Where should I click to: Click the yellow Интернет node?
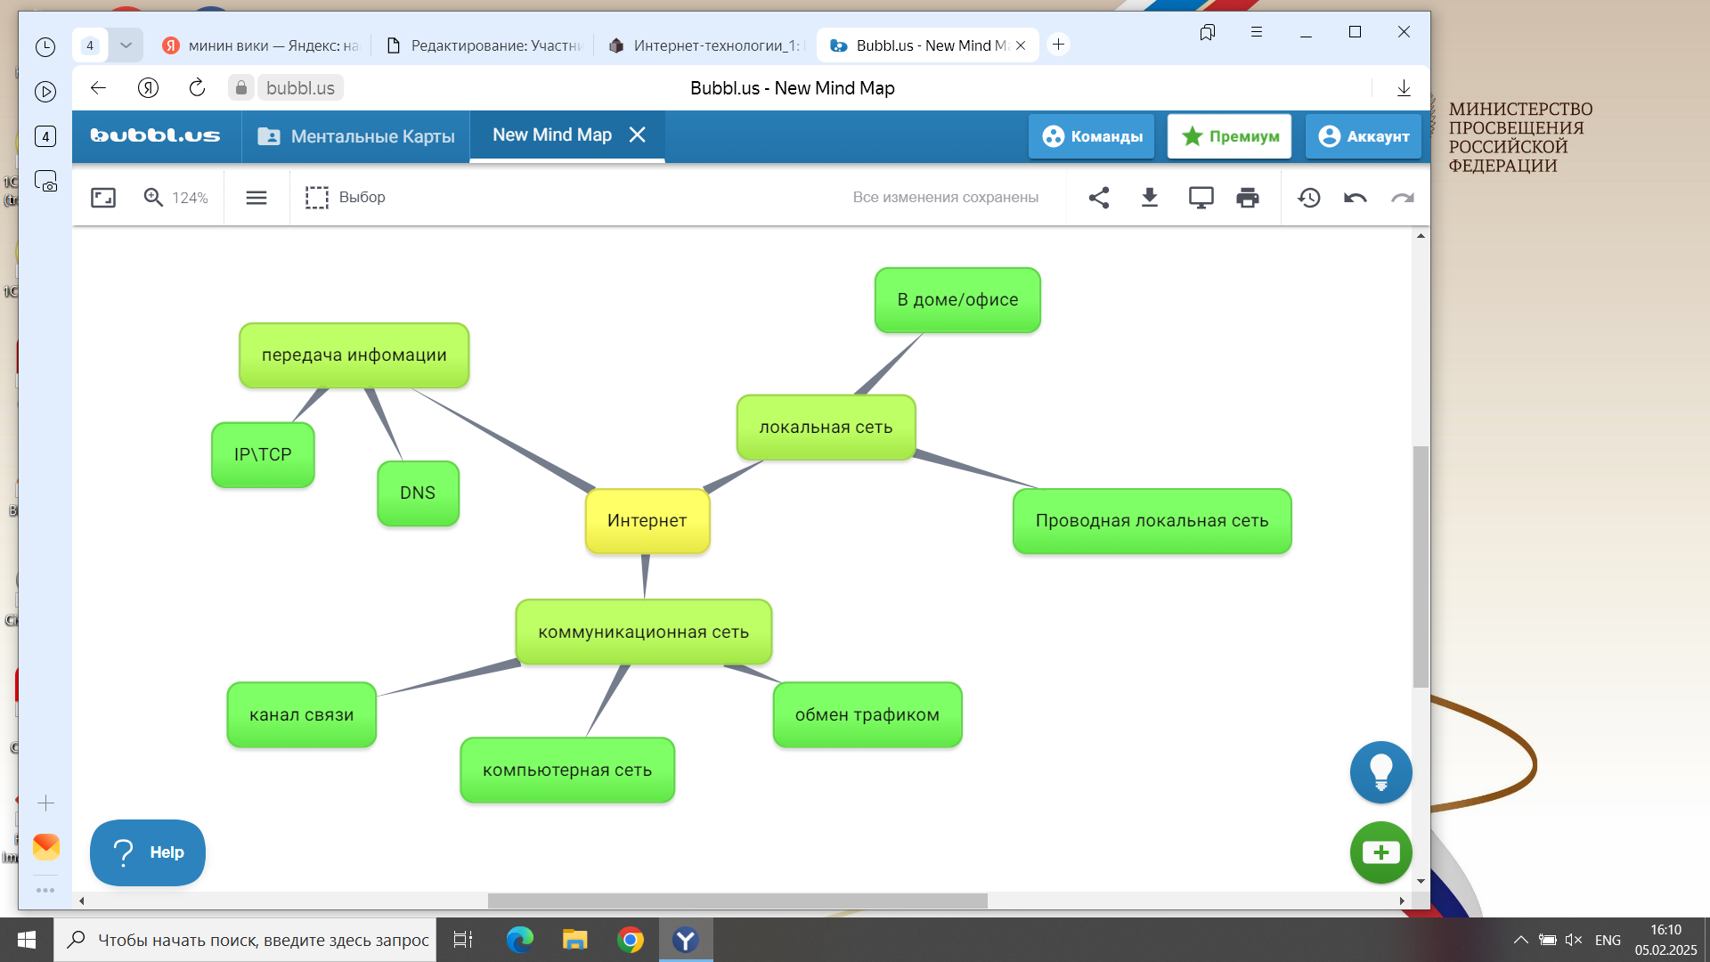tap(647, 521)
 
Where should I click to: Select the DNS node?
tap(418, 493)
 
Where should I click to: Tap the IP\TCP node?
tap(263, 455)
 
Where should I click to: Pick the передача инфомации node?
tap(354, 355)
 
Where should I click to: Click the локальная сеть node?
tap(826, 428)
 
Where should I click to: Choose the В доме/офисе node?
tap(957, 300)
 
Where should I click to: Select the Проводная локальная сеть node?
tap(1152, 521)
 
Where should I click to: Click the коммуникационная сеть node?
tap(643, 632)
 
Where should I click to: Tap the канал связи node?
tap(301, 715)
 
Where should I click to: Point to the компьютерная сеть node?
tap(567, 770)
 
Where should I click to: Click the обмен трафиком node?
tap(867, 715)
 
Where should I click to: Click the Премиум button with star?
tap(1229, 136)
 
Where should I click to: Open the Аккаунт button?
tap(1363, 136)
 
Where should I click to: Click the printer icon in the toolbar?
tap(1248, 198)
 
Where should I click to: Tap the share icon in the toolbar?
tap(1099, 198)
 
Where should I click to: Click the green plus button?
tap(1380, 852)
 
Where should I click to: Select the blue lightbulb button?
tap(1380, 772)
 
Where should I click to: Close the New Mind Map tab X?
tap(638, 135)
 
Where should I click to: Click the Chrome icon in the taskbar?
tap(631, 940)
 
